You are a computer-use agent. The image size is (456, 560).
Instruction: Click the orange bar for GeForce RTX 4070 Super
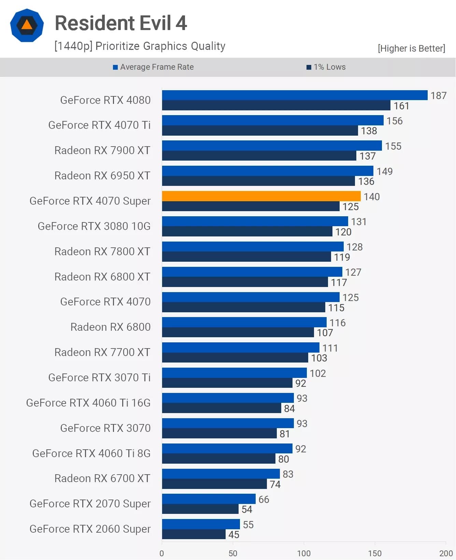(261, 196)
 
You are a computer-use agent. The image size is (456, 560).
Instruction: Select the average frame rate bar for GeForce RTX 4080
(295, 95)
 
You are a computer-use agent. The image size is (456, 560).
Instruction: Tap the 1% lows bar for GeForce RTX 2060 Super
(194, 534)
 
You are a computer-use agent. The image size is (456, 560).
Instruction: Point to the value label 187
(438, 96)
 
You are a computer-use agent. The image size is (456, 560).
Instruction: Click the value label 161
(401, 106)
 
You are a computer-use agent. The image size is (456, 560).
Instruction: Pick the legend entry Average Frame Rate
(154, 67)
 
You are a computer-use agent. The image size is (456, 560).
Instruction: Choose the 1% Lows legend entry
(326, 67)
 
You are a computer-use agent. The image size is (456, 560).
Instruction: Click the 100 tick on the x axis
(303, 553)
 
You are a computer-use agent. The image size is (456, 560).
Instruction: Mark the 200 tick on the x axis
(446, 553)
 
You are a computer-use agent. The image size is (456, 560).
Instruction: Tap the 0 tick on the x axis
(162, 553)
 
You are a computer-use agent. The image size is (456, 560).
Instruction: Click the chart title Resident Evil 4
(121, 23)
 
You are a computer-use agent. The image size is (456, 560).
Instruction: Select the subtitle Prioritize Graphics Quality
(140, 46)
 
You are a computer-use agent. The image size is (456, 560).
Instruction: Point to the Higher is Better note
(411, 49)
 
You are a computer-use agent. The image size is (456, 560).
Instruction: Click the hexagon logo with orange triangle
(27, 25)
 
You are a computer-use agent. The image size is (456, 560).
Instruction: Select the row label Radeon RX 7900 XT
(102, 150)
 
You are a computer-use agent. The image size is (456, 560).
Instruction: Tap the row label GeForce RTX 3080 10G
(94, 226)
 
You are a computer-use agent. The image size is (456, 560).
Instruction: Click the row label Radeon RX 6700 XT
(102, 478)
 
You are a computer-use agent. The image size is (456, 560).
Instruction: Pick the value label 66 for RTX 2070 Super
(263, 500)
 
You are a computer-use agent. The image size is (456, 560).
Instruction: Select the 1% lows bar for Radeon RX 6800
(238, 332)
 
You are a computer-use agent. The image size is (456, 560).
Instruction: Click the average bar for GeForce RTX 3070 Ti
(234, 373)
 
